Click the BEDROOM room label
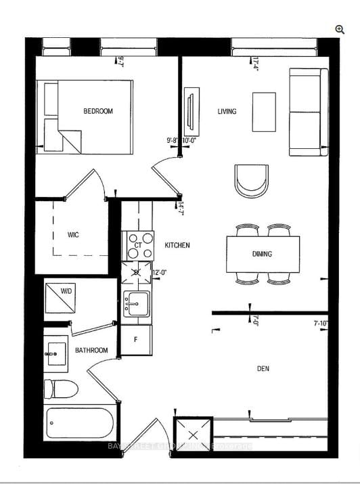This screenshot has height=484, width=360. [x=98, y=111]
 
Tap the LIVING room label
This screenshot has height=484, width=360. [x=227, y=111]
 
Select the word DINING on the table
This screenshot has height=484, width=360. [x=262, y=255]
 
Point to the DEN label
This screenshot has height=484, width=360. [x=264, y=369]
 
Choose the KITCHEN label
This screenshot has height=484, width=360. [x=177, y=245]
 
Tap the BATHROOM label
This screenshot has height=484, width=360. [x=91, y=350]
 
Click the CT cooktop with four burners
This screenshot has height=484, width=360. [x=138, y=245]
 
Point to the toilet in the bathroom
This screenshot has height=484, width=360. [x=60, y=389]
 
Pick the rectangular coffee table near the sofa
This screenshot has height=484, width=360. [x=264, y=112]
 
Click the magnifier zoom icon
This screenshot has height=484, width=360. [x=340, y=28]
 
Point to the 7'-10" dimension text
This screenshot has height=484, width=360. [x=321, y=324]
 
